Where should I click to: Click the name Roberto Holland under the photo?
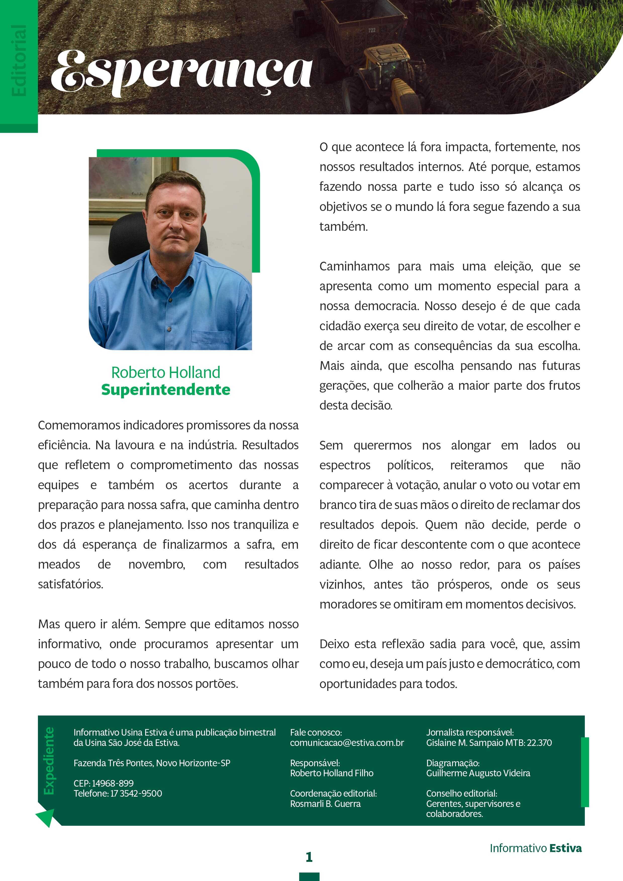tap(166, 372)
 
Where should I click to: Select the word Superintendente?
tap(166, 390)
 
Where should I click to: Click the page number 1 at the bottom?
tap(309, 857)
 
